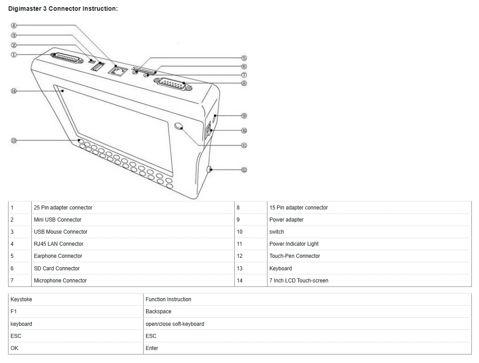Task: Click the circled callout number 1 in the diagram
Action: (x=13, y=55)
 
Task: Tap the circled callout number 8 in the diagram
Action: (x=244, y=83)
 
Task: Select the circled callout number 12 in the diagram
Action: (x=244, y=170)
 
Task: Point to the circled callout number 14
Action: (x=13, y=91)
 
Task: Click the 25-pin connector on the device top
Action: (x=67, y=58)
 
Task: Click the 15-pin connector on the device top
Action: (x=173, y=84)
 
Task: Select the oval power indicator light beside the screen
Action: (x=179, y=126)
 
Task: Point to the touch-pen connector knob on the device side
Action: (x=209, y=169)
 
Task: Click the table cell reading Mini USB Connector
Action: (x=133, y=220)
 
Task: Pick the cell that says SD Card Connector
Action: (x=133, y=268)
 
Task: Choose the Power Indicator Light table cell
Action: (x=369, y=244)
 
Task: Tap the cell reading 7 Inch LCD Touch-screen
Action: (x=369, y=281)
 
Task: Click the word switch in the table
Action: (x=276, y=232)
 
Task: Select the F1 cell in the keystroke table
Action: (x=76, y=312)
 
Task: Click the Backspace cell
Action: (x=308, y=312)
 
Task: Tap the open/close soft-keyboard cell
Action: (x=308, y=324)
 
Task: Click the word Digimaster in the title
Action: (x=25, y=9)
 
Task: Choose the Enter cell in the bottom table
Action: (x=308, y=348)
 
